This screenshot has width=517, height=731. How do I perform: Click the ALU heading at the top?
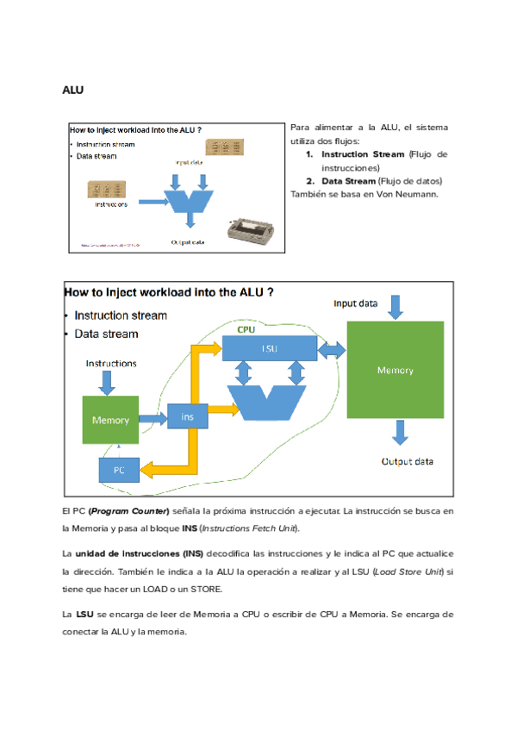(x=72, y=90)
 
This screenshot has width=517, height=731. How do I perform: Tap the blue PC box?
(x=118, y=471)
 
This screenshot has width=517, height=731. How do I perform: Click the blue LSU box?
(x=270, y=348)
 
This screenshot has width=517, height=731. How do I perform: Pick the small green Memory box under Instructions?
(x=109, y=420)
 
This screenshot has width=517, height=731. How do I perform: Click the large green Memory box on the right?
(x=395, y=370)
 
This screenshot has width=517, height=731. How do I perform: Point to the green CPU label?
(x=246, y=329)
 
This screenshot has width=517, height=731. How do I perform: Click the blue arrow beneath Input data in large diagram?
(x=395, y=306)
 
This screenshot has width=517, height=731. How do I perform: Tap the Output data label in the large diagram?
(x=407, y=461)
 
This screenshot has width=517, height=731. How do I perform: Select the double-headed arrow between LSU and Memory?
(x=332, y=349)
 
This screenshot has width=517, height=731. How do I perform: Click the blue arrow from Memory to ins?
(x=153, y=418)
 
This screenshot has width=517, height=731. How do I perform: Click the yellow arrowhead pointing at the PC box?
(x=146, y=470)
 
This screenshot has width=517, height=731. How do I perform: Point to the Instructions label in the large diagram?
(x=110, y=363)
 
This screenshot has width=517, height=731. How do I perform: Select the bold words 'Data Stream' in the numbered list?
(x=348, y=181)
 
